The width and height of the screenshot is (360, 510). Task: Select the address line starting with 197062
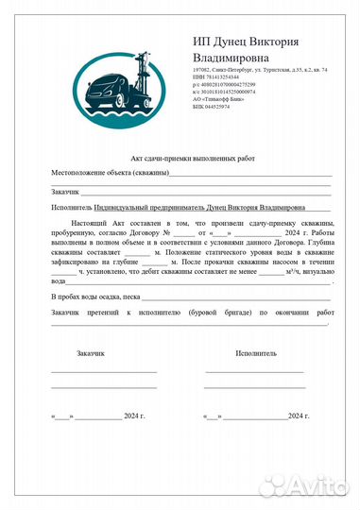click(x=259, y=70)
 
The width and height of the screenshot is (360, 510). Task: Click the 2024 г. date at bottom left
click(x=132, y=416)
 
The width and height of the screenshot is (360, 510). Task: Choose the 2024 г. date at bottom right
click(x=298, y=416)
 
